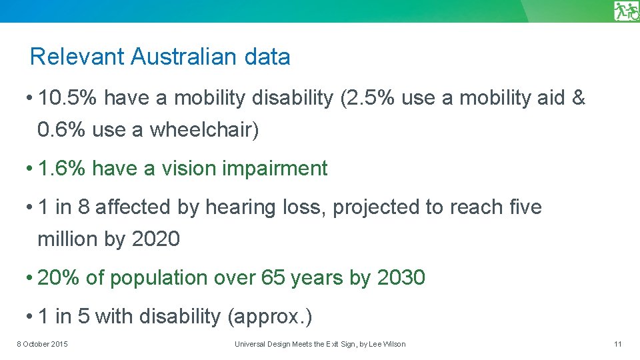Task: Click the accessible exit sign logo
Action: click(626, 11)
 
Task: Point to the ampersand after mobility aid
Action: click(577, 99)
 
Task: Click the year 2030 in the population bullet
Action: click(401, 278)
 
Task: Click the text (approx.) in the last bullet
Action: click(269, 317)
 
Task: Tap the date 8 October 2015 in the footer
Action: click(42, 344)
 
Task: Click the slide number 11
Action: click(617, 344)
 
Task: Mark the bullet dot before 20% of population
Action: click(31, 278)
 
